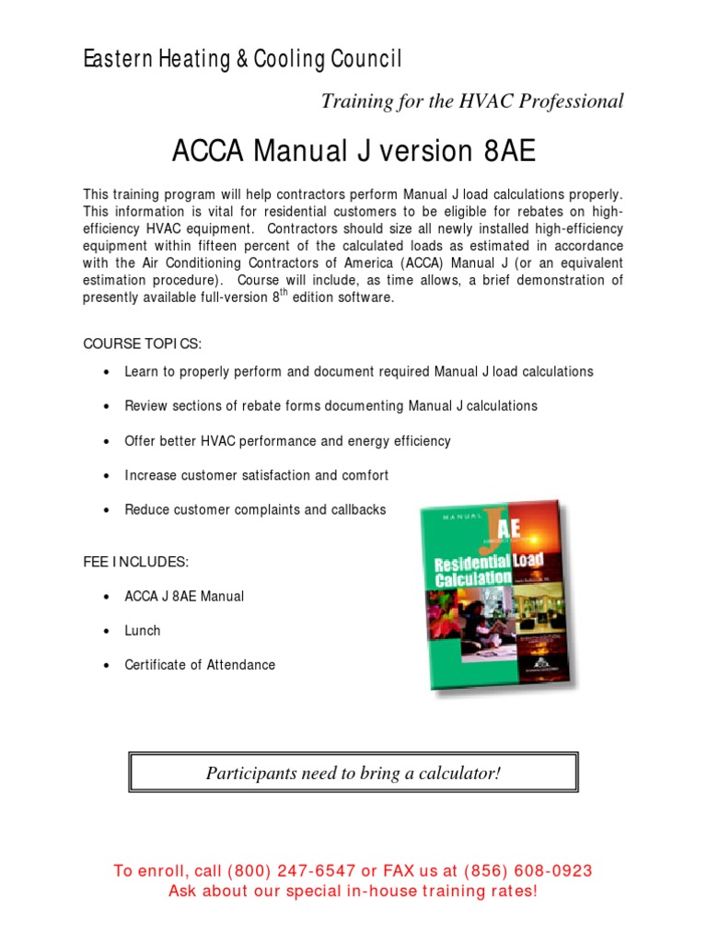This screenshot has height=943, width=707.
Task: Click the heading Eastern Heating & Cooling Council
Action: point(243,60)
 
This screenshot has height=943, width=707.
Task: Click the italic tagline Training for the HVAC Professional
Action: point(471,101)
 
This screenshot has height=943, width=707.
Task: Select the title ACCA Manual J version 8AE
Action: point(353,152)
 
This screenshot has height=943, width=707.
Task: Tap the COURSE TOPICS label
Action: point(142,343)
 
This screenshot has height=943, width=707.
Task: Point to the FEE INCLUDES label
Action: point(136,562)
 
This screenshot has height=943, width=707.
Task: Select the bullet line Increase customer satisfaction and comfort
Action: point(257,475)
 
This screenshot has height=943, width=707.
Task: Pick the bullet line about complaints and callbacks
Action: point(255,509)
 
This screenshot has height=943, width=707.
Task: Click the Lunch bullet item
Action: point(143,631)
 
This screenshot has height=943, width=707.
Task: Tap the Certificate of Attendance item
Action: point(200,665)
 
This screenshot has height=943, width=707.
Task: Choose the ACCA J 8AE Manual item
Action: point(184,597)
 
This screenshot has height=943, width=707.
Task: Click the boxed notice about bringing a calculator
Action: point(353,774)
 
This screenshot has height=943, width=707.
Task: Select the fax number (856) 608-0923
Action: point(528,871)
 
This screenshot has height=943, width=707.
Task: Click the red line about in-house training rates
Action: point(353,891)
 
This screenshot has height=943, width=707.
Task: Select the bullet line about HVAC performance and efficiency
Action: point(287,441)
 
